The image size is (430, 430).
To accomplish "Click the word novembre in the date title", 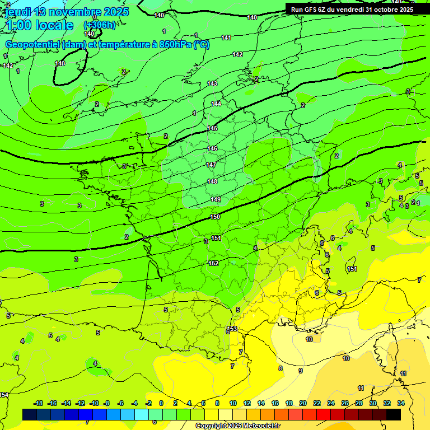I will [x=68, y=12].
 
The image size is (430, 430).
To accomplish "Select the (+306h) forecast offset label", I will [x=100, y=25].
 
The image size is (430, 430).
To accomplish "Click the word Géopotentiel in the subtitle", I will [x=32, y=45].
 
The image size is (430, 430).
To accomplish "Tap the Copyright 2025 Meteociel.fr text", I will [x=237, y=426].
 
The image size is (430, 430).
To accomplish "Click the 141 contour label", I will [x=226, y=38].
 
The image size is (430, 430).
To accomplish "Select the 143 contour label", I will [x=212, y=83].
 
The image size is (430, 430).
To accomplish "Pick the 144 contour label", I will [x=216, y=104].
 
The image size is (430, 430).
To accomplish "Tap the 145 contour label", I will [x=212, y=128].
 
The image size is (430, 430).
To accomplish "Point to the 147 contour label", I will [x=211, y=165].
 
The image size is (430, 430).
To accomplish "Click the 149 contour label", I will [x=216, y=200].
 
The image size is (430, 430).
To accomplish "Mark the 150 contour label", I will [x=215, y=217].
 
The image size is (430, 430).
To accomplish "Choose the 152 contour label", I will [x=213, y=263].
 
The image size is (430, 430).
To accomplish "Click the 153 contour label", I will [x=232, y=329].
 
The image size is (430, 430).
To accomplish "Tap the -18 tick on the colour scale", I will [x=39, y=403].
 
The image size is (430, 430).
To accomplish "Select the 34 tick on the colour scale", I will [x=401, y=403].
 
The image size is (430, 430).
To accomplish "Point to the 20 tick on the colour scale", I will [x=303, y=403].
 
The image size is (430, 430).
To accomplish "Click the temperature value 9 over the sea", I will [x=300, y=371].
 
